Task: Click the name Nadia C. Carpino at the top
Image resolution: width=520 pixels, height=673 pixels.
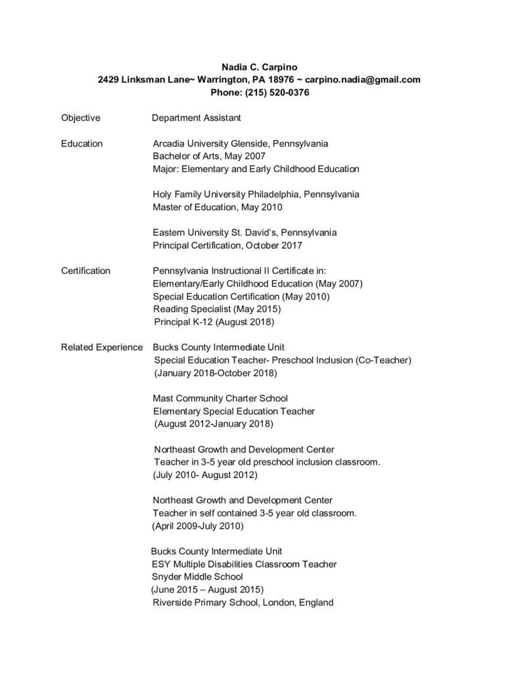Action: [x=260, y=66]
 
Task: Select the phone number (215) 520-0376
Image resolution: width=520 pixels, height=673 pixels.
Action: [x=278, y=93]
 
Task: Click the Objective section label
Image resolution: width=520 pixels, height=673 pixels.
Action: [x=80, y=118]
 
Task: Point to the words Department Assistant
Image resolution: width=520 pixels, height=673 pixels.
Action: [x=196, y=118]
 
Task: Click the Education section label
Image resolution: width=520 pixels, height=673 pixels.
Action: [x=82, y=143]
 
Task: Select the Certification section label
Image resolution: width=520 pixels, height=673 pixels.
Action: [x=85, y=271]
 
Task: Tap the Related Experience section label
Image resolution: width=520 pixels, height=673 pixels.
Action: [x=102, y=347]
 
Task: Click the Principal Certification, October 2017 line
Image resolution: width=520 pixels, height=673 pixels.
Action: [x=227, y=246]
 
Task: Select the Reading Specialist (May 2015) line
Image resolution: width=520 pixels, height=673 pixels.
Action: [x=217, y=309]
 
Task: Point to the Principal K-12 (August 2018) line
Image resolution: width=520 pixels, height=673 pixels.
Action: [x=214, y=322]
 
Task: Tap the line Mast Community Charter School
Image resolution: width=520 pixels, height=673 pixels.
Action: [x=220, y=398]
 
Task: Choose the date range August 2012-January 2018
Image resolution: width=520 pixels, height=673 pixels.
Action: [x=214, y=424]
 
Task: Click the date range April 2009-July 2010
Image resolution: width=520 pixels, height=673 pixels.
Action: [x=198, y=526]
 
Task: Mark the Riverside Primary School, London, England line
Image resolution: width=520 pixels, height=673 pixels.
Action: [x=243, y=602]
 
